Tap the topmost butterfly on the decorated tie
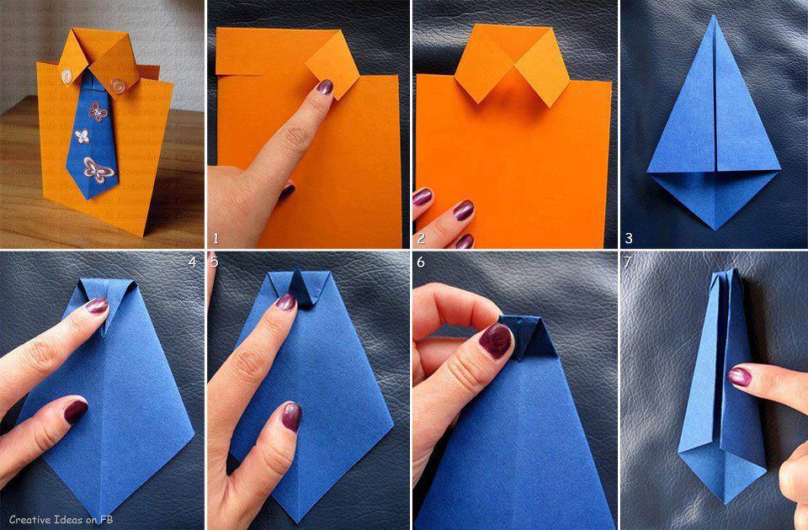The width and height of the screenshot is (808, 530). click(97, 111)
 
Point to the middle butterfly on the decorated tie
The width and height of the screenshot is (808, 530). click(82, 135)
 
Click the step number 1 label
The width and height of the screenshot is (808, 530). click(215, 238)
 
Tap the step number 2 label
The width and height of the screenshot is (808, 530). click(421, 238)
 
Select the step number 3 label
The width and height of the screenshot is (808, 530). click(628, 238)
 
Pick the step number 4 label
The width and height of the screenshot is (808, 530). click(192, 262)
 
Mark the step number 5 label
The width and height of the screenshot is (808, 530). click(214, 262)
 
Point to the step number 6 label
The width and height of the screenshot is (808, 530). click(421, 262)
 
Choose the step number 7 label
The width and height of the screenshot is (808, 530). click(628, 262)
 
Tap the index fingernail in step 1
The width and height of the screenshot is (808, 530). click(323, 87)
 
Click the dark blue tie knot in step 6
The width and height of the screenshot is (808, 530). click(524, 335)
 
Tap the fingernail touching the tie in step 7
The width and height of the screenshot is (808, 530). click(739, 376)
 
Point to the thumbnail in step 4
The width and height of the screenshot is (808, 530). click(76, 410)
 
